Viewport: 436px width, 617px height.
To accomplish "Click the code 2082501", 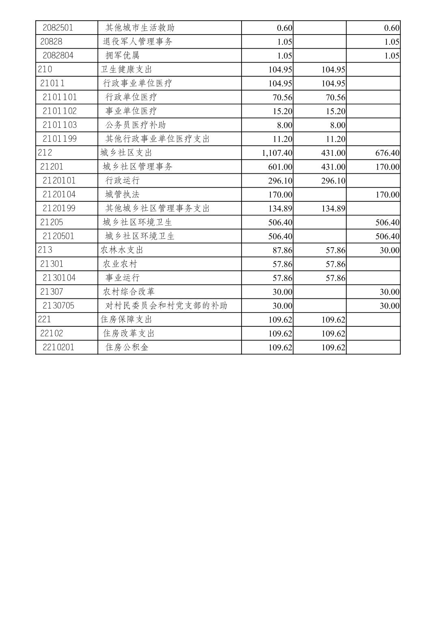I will point(58,28).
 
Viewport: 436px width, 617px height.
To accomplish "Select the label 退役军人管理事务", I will point(138,41).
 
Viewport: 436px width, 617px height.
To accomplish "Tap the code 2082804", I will point(58,55).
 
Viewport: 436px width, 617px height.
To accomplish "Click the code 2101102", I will point(60,111).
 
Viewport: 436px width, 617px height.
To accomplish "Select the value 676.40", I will point(387,153).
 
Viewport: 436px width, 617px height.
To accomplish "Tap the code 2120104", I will point(59,194).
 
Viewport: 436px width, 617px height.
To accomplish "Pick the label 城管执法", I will point(122,194).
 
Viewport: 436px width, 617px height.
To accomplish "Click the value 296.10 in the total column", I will point(280,181).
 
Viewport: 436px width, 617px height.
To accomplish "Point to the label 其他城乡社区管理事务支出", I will point(158,208).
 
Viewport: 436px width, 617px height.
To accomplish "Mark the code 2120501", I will point(58,236).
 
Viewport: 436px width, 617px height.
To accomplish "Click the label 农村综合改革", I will point(129,291).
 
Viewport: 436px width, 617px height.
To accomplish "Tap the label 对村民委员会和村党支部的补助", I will point(166,305).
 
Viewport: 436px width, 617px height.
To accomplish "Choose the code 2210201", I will point(58,347).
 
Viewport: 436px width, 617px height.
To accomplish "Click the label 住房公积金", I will point(127,347).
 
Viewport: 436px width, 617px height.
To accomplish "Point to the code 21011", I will point(52,83).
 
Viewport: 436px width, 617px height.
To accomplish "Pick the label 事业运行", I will point(122,278).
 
